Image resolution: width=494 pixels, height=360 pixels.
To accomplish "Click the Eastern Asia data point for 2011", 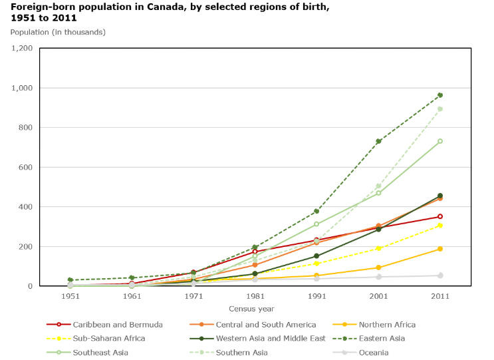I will (440, 95).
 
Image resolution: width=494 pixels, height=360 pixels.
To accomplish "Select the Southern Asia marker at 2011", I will (440, 109).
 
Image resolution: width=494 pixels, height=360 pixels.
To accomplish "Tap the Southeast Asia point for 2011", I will (440, 141).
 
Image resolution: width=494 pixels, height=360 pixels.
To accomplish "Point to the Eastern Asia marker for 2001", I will (378, 141).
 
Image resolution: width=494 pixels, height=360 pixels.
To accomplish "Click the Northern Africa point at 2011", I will (440, 249).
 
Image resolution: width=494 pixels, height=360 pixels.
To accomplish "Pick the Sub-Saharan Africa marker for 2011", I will (440, 226).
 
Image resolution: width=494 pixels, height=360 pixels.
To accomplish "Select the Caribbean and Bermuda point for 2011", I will (440, 216).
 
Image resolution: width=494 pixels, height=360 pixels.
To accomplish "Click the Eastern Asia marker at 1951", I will (70, 280).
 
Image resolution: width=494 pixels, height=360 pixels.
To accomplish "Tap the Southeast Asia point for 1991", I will (316, 224).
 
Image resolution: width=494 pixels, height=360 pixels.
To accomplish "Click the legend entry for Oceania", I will (373, 353).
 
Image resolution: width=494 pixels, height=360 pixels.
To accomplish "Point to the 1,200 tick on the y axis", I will (22, 49).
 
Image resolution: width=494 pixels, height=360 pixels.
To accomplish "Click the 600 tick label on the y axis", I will (25, 167).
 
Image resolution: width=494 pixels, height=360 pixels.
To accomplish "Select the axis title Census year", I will (255, 309).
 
